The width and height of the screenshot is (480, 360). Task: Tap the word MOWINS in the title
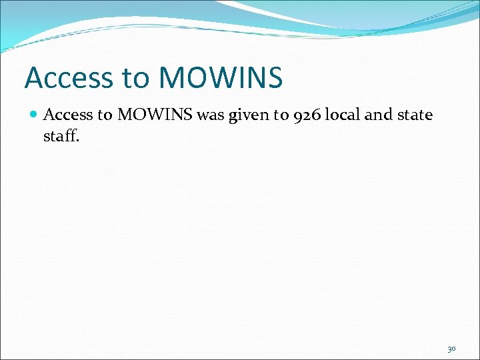pos(221,78)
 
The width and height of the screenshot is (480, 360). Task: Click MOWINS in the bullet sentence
pos(154,115)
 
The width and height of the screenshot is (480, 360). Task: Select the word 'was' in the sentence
pos(211,115)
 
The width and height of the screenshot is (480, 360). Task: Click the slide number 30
pos(451,349)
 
